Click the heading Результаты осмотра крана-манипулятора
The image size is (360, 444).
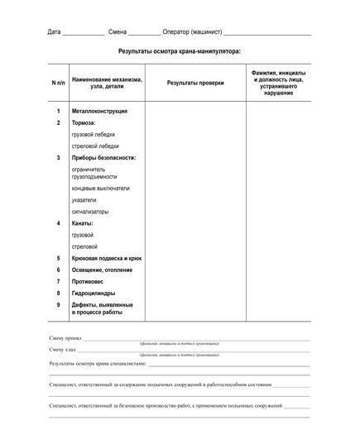point(180,51)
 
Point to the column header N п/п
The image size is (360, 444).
point(58,84)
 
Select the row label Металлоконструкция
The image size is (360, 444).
point(98,111)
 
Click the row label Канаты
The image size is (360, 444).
point(83,223)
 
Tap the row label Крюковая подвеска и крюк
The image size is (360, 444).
point(107,258)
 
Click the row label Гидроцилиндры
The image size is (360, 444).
point(94,293)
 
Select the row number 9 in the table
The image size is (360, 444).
point(58,304)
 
